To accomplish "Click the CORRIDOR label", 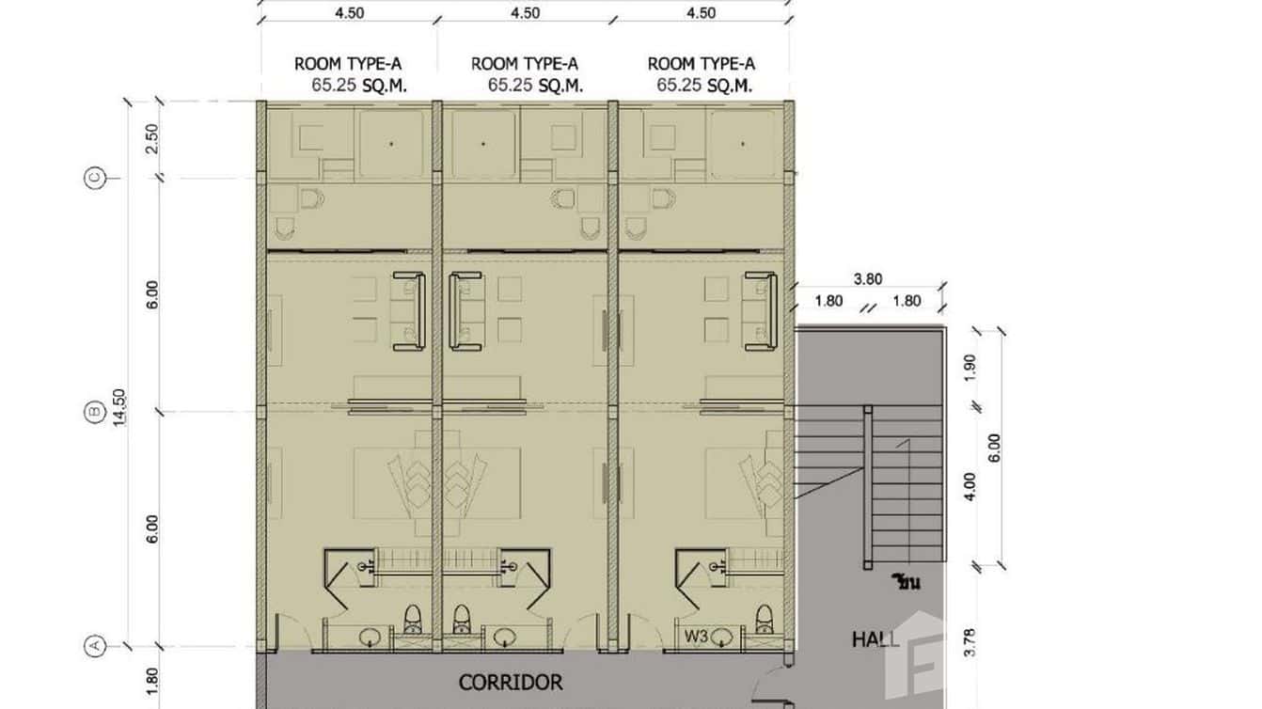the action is coord(511,683).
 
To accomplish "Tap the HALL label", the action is coord(875,639).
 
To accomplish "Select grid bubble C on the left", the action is coord(95,178).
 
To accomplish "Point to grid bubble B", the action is coord(95,412).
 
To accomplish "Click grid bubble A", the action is coord(95,645).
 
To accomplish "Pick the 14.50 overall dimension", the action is coord(120,408).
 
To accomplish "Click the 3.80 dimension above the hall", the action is coord(868,279).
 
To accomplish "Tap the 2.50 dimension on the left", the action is coord(152,139).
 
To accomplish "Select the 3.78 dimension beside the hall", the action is coord(970,642).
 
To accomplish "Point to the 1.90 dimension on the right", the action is coord(970,367).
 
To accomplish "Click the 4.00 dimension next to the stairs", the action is coord(970,486).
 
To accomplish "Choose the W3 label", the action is coord(696,637).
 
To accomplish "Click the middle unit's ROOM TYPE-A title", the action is coord(525,64).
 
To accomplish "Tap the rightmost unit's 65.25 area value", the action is coord(679,85).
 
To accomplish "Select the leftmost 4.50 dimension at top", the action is coord(349,13).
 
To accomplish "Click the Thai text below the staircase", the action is coord(907,581).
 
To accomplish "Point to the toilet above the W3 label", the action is coord(764,620).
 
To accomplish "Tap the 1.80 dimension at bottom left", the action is coord(152,682).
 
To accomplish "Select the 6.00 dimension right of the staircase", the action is coord(994,448).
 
